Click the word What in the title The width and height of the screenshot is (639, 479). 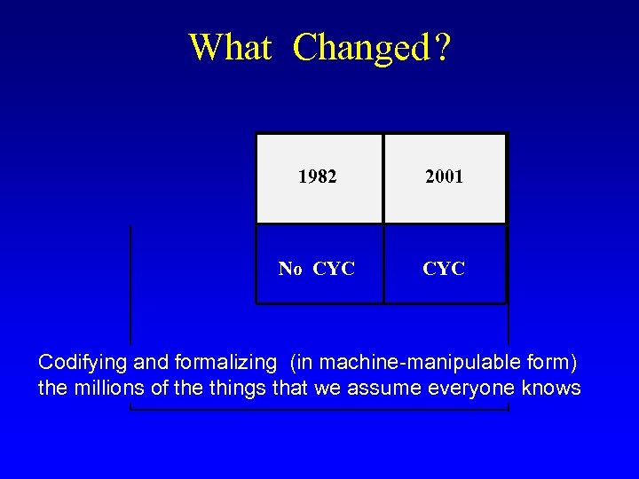click(230, 47)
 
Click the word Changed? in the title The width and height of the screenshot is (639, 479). click(372, 48)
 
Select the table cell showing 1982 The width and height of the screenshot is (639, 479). click(318, 177)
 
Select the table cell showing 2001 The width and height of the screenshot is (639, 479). click(444, 177)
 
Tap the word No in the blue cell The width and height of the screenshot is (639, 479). click(290, 269)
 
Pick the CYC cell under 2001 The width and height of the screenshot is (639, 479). click(444, 268)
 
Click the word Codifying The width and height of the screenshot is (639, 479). click(83, 363)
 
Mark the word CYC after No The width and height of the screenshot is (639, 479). click(334, 269)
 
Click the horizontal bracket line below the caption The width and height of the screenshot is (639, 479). click(319, 410)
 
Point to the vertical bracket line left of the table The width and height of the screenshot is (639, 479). click(130, 284)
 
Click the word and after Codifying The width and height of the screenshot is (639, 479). click(150, 363)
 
